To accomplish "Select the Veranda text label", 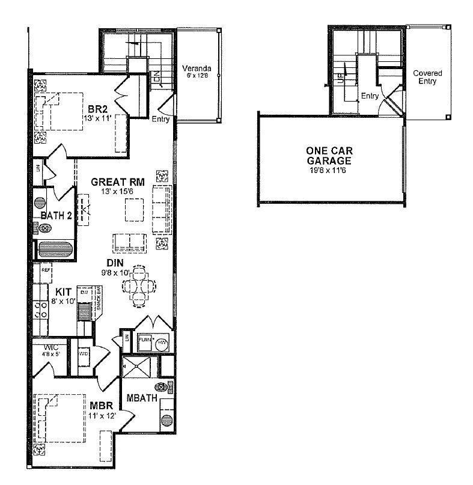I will (197, 69).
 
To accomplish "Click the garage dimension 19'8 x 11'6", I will (328, 170).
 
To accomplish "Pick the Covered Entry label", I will (427, 78).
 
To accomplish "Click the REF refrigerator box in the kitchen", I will (46, 271).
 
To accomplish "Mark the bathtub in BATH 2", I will (55, 249).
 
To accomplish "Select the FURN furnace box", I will (145, 340).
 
